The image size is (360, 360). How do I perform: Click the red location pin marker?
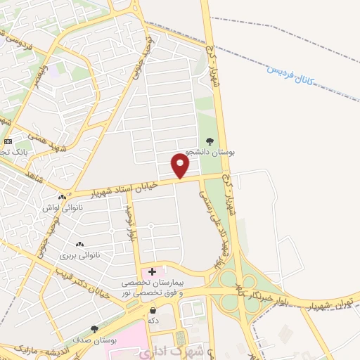coord(181,166)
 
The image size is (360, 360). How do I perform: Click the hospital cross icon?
coord(153,271)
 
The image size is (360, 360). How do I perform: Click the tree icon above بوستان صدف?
coord(95,328)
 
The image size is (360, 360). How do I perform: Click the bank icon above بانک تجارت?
coord(8,141)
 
